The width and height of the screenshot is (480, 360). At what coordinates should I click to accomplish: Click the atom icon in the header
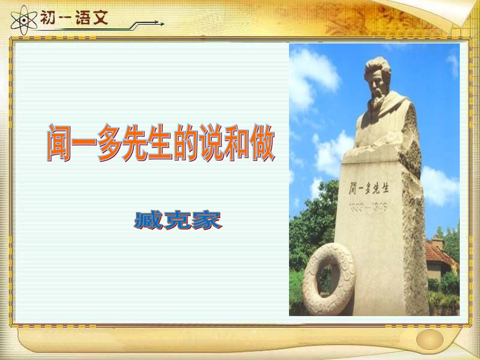click(22, 20)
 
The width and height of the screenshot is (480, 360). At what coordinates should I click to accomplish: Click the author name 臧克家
click(178, 221)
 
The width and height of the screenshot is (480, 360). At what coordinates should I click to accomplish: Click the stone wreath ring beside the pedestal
click(329, 278)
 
